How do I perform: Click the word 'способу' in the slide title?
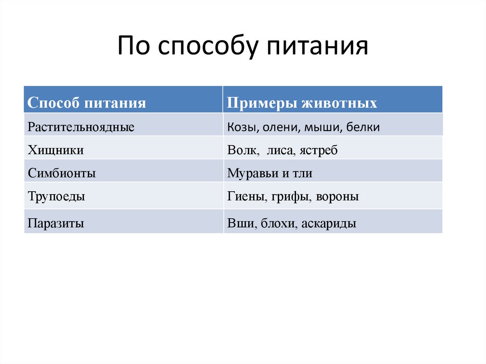point(207,47)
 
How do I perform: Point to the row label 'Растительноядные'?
point(81,127)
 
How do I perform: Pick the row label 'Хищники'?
point(56,150)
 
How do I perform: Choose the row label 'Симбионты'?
point(62,173)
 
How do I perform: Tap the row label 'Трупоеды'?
point(56,196)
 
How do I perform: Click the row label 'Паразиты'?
point(56,223)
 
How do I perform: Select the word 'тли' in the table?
point(303,173)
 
